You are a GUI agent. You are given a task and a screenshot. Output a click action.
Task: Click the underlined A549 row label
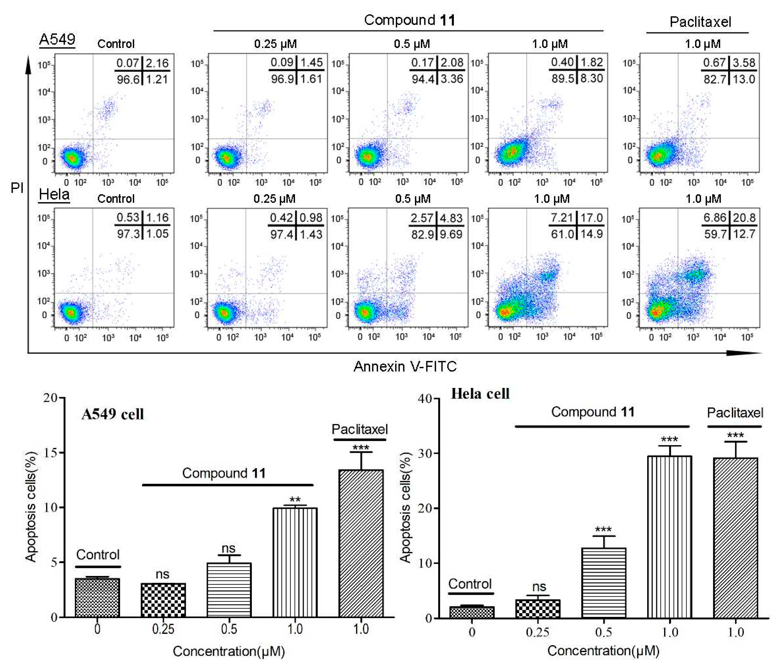tap(57, 40)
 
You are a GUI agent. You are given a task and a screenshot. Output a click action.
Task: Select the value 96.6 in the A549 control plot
tap(128, 79)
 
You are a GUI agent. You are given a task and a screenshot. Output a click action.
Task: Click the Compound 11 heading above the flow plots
tap(409, 20)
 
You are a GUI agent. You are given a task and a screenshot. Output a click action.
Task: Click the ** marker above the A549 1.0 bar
tap(295, 500)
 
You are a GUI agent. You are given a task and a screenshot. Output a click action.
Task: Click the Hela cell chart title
tap(480, 394)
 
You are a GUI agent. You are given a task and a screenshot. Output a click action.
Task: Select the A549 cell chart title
tap(113, 414)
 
